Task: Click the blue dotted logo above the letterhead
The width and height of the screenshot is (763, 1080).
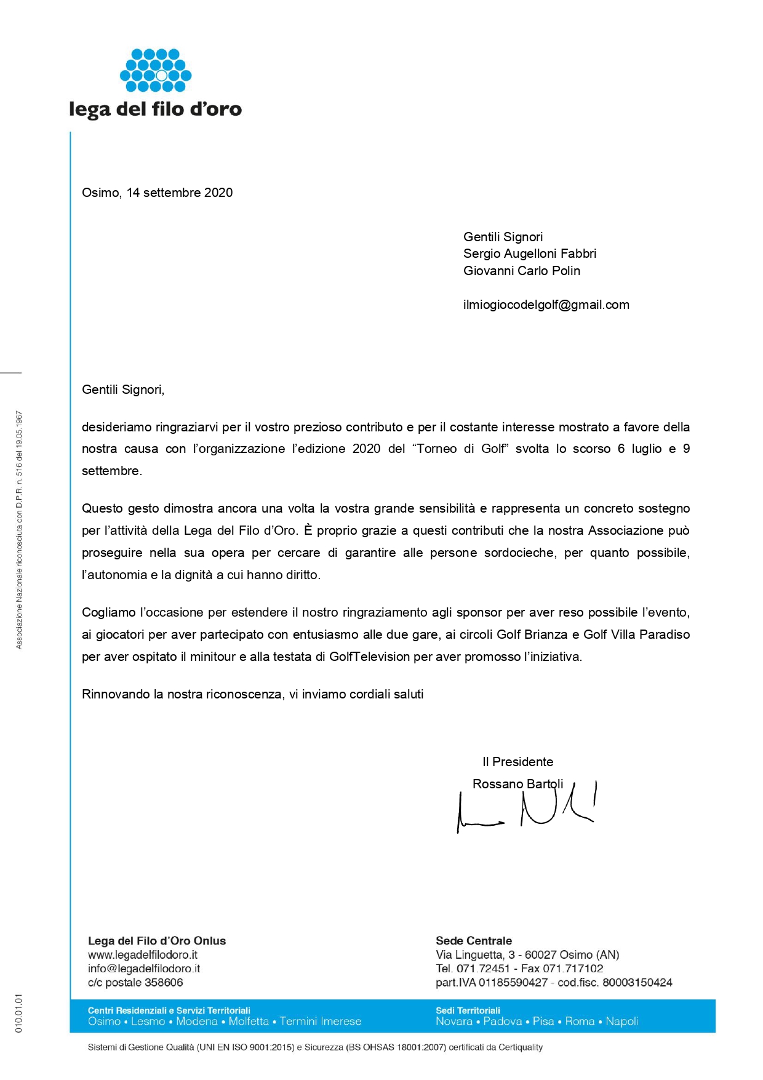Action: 156,70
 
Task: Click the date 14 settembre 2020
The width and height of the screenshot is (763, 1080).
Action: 180,193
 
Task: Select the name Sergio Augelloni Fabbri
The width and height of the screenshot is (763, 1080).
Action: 529,254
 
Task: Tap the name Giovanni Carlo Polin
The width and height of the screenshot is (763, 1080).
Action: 521,271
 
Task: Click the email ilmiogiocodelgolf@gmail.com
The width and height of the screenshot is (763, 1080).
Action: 546,305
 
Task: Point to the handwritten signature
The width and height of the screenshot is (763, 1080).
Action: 526,807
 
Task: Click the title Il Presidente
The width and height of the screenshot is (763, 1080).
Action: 517,762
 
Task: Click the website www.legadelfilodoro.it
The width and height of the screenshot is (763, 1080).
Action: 143,955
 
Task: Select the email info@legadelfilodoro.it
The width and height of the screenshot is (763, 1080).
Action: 144,969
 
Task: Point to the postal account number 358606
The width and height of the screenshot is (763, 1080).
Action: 164,983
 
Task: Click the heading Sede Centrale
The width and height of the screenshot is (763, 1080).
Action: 473,941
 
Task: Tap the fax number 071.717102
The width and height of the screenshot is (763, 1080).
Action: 572,969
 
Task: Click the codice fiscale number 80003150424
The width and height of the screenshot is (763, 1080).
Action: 637,983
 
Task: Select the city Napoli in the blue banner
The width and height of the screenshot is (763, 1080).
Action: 621,1022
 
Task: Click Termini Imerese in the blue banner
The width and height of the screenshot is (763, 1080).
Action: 320,1022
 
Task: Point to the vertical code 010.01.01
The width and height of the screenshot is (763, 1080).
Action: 18,1012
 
